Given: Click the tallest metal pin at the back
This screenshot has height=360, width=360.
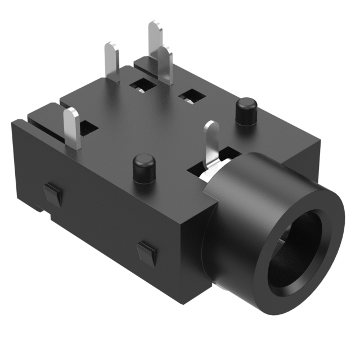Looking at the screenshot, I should (154, 39).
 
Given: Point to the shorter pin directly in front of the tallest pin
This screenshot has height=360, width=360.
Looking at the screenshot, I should (165, 65).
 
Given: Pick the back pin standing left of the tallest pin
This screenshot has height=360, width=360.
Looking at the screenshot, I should (111, 62).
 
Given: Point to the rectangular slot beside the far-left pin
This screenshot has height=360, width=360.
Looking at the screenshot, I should (88, 129).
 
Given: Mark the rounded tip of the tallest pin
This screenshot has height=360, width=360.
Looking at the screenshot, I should (154, 25).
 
